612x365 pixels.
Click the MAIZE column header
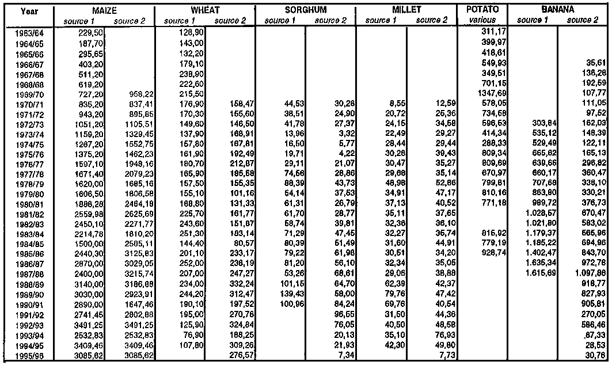[x=105, y=10]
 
